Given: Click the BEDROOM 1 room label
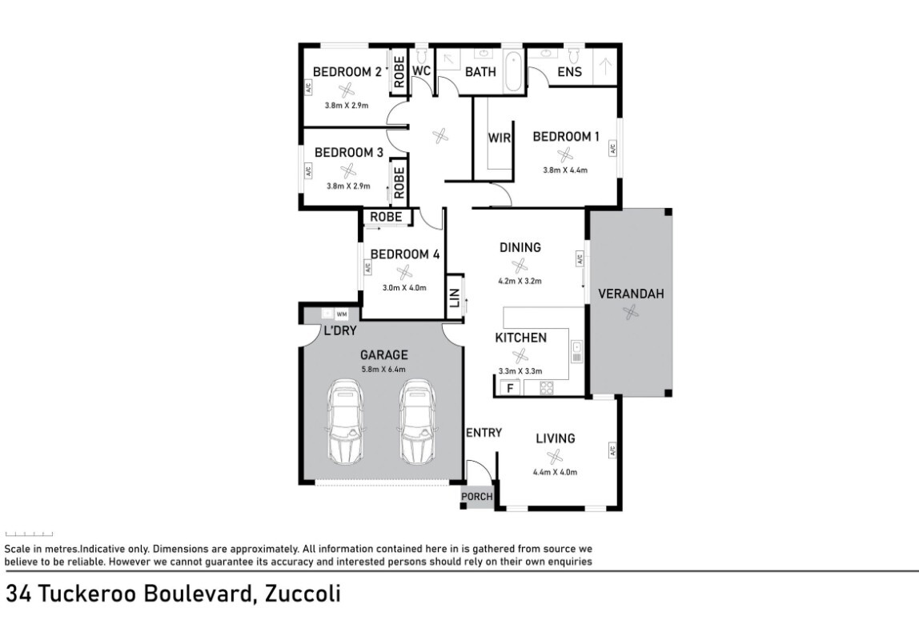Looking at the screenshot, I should (566, 137).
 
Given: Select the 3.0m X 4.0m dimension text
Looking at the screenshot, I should (404, 288).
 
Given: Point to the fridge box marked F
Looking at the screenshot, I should (508, 389).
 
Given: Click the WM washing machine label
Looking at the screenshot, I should (342, 314).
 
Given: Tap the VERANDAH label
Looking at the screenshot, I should (631, 294).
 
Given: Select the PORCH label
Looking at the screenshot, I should (477, 497).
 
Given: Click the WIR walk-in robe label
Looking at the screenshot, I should (500, 138).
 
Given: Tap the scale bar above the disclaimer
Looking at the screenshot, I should (30, 534).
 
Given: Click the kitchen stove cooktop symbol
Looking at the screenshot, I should (548, 389).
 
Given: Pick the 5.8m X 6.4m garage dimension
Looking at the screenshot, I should (383, 370).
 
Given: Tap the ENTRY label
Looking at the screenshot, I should (484, 433).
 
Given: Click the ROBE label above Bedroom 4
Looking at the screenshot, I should (385, 217).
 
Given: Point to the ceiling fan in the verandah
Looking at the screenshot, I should (631, 314).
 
